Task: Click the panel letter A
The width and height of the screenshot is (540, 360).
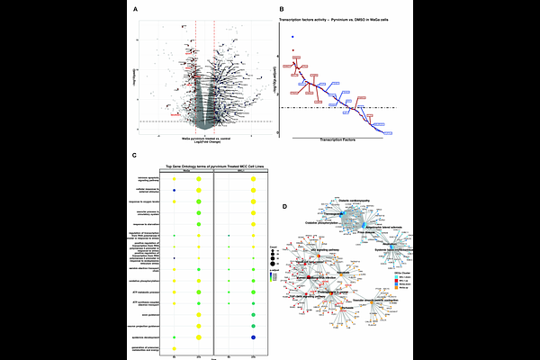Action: [x=134, y=10]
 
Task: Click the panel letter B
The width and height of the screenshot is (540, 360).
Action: [x=281, y=10]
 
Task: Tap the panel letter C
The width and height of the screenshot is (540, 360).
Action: [x=134, y=155]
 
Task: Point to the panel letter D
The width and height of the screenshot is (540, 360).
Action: [x=284, y=207]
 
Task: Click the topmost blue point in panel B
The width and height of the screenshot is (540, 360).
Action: [x=292, y=37]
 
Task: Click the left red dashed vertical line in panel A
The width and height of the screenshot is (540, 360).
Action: [x=196, y=72]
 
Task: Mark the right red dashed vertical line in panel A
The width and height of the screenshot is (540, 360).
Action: [x=214, y=72]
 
